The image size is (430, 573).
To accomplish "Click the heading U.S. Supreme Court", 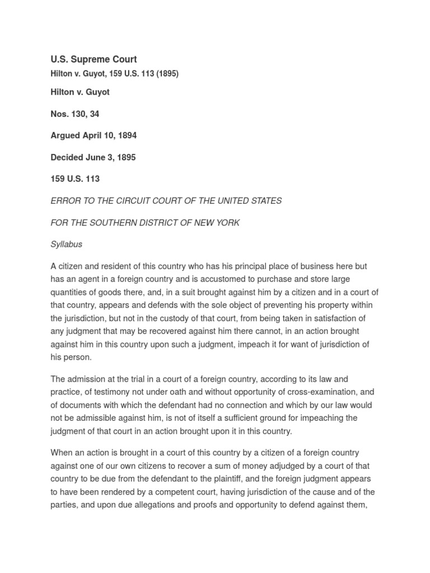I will coord(94,59).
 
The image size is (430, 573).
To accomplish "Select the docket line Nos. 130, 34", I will coord(75,114).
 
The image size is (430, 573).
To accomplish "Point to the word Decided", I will coord(67,157).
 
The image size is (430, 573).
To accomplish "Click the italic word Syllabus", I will coord(67,245).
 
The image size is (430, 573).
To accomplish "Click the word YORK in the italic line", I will coord(227,223).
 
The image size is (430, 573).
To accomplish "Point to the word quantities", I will coord(71,292).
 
